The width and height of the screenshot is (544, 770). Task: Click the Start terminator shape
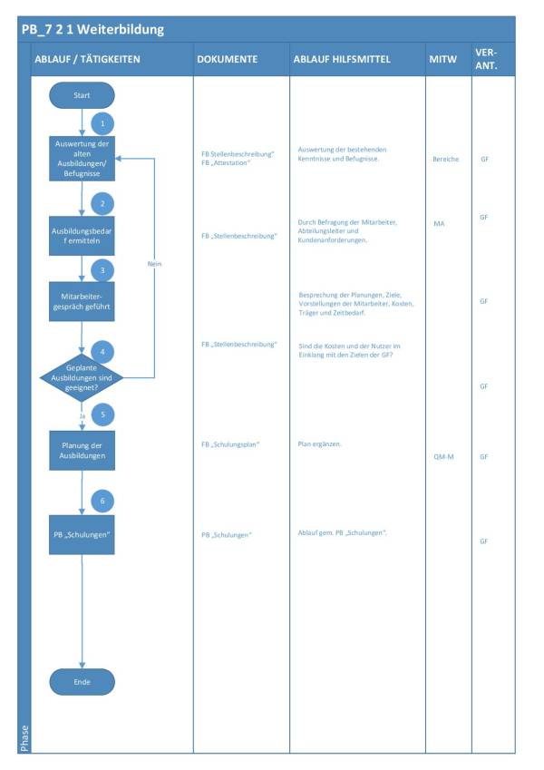click(82, 94)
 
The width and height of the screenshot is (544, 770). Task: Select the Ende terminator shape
click(82, 681)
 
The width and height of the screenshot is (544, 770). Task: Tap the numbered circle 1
click(102, 122)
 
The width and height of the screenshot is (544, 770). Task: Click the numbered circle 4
click(102, 351)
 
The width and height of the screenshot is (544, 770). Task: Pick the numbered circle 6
click(102, 501)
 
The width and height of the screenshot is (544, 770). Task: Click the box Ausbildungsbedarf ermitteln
click(82, 236)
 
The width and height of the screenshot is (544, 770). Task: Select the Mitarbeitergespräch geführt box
click(82, 300)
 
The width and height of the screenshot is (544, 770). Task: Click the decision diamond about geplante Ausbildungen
click(82, 375)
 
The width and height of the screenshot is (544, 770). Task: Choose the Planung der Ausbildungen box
click(82, 451)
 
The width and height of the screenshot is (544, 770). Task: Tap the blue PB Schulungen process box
click(82, 534)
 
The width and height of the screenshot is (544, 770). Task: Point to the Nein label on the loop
click(154, 263)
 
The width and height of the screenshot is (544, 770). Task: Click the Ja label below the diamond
click(82, 416)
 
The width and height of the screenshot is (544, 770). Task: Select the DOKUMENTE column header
click(227, 59)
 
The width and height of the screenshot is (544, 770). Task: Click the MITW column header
click(442, 59)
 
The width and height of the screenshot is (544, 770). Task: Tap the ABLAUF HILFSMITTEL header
click(342, 59)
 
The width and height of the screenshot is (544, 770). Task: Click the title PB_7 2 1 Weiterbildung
click(94, 29)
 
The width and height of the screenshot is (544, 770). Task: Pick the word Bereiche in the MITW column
click(445, 159)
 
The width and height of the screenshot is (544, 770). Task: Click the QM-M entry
click(444, 457)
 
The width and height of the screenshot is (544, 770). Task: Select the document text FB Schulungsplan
click(230, 445)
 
